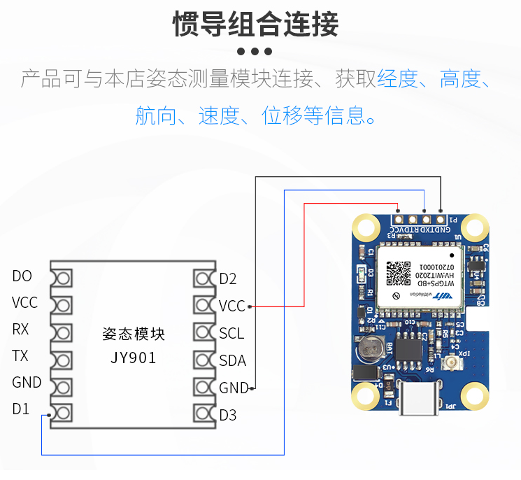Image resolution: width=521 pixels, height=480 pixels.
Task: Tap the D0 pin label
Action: click(x=22, y=276)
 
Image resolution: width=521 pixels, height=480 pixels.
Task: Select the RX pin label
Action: click(x=20, y=330)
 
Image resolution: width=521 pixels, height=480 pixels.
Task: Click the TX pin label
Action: click(x=20, y=356)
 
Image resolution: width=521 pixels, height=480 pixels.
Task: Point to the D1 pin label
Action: click(x=21, y=409)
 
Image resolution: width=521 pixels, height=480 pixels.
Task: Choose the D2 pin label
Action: click(x=228, y=279)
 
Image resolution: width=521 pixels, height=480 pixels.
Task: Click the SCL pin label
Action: click(x=231, y=333)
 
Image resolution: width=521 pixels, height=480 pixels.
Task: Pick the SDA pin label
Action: click(x=232, y=360)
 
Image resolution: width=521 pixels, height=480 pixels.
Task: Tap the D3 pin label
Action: click(x=228, y=415)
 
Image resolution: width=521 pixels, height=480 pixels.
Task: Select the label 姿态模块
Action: click(x=133, y=334)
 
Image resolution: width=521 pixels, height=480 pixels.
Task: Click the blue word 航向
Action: click(x=156, y=115)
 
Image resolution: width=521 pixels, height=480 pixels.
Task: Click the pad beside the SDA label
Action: click(x=204, y=361)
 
